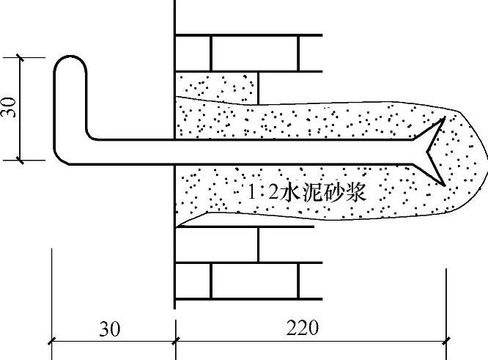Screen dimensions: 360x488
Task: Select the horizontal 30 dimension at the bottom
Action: [x=111, y=328]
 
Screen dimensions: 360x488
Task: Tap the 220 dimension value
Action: [x=303, y=328]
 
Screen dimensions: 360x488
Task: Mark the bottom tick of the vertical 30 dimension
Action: [x=21, y=158]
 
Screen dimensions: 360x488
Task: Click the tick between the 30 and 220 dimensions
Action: [x=175, y=339]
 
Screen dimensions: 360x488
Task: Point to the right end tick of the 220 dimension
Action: [x=446, y=339]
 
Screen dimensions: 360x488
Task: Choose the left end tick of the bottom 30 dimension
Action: [x=51, y=339]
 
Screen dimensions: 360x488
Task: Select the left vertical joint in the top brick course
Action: [x=211, y=52]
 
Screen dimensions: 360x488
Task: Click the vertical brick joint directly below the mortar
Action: [x=258, y=243]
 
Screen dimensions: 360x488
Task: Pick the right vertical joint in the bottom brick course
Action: [x=299, y=280]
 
